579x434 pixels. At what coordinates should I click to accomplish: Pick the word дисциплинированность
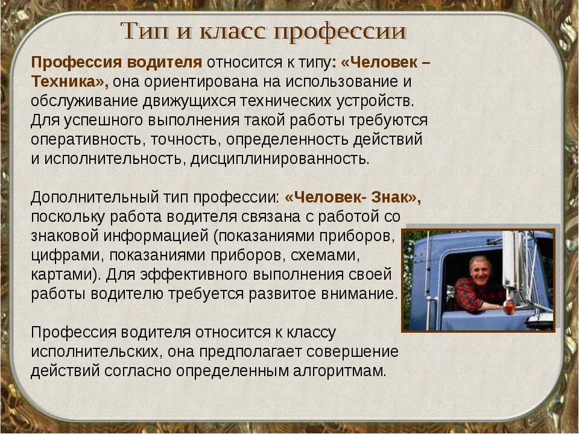(x=280, y=159)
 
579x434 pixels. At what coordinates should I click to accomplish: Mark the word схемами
(x=325, y=256)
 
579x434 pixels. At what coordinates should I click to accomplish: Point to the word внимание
(x=359, y=294)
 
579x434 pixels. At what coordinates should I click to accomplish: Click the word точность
(x=186, y=140)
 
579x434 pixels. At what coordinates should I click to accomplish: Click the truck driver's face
(x=481, y=271)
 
